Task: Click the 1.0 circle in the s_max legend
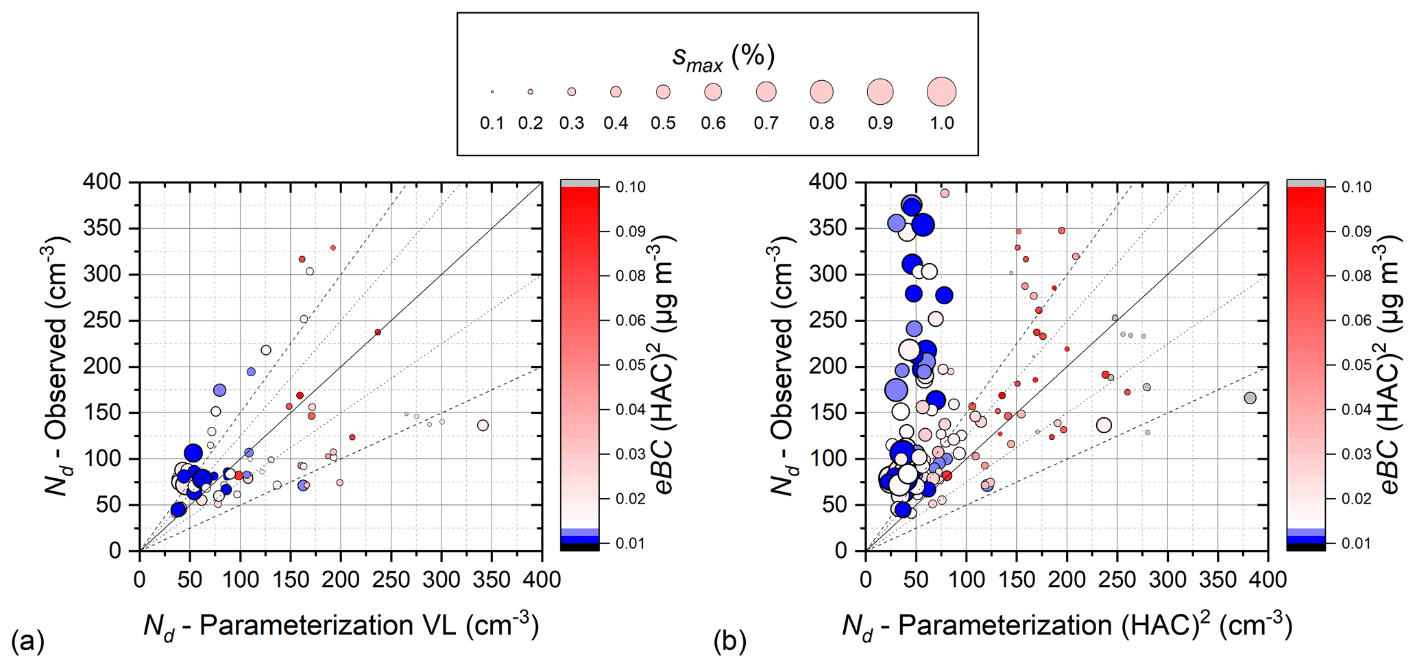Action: tap(941, 91)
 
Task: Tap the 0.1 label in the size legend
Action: tap(492, 123)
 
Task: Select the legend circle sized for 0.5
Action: tap(663, 91)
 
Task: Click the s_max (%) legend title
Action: tap(723, 57)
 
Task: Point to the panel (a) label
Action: tap(28, 642)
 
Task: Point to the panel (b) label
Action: tap(729, 642)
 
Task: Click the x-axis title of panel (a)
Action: tap(341, 626)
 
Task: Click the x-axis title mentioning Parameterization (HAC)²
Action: tap(1067, 626)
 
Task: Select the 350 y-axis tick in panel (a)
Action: tap(101, 228)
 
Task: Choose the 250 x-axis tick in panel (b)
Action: tap(1117, 580)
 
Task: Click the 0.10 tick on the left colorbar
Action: tap(630, 187)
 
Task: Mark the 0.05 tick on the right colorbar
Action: tap(1356, 365)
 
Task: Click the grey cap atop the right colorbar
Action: tap(1305, 184)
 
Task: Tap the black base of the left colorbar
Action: tap(579, 547)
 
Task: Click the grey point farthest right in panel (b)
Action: tap(1250, 398)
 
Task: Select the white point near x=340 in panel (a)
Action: tap(483, 425)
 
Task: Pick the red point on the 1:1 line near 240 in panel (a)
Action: tap(378, 332)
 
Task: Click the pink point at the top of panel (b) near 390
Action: tap(945, 193)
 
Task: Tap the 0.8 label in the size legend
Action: tap(821, 123)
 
